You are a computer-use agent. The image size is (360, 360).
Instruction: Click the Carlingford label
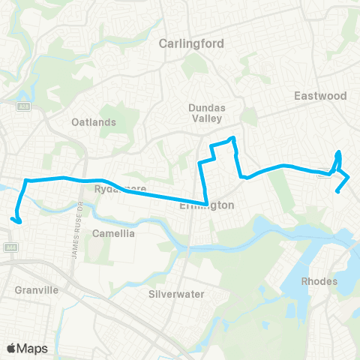(x=191, y=43)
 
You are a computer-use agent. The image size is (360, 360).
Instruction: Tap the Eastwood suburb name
(x=320, y=96)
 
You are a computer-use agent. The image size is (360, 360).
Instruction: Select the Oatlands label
(x=94, y=122)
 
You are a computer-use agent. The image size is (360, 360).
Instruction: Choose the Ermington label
(x=208, y=205)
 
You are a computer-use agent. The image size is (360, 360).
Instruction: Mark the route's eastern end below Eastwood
(x=338, y=190)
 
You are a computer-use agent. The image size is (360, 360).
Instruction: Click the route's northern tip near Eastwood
(x=340, y=152)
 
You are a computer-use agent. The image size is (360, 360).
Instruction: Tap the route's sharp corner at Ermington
(x=206, y=202)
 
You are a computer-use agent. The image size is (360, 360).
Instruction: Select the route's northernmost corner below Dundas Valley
(x=233, y=138)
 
